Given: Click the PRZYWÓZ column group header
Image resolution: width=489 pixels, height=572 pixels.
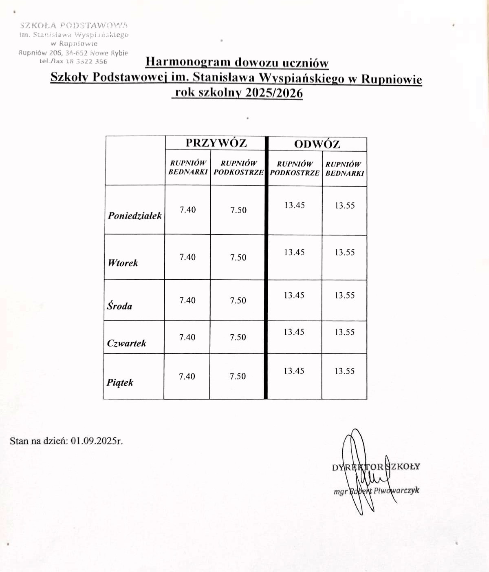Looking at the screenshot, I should (216, 143).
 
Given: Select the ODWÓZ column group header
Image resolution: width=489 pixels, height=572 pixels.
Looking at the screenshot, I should (317, 144).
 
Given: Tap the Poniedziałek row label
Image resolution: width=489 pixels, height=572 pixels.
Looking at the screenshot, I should (134, 216).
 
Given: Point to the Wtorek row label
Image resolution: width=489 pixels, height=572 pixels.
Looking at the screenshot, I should (123, 263).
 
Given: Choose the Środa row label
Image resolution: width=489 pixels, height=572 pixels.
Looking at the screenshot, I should (119, 306).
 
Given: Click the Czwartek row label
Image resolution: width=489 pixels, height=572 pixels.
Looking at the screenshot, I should (126, 343).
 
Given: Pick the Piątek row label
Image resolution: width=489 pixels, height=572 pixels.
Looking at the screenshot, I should (120, 382).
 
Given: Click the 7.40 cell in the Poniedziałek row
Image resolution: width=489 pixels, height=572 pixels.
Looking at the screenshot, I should (187, 210).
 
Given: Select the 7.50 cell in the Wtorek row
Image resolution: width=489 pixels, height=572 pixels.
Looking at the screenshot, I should (238, 257).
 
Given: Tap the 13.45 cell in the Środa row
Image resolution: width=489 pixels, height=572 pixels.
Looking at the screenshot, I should (294, 295).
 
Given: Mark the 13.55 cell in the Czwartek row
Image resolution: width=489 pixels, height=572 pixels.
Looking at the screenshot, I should (344, 332).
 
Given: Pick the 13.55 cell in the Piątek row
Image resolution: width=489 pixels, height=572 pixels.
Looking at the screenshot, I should (344, 371).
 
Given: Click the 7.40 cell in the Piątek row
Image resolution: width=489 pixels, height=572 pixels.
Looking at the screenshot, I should (187, 376).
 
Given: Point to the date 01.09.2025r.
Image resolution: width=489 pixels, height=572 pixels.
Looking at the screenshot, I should (97, 441).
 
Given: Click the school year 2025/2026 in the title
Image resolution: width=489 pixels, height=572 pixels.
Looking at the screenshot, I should (274, 93).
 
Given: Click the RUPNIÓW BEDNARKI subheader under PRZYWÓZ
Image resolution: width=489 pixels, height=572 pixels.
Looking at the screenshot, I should (188, 168).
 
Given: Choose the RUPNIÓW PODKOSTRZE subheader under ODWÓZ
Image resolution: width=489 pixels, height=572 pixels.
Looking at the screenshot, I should (295, 168).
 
